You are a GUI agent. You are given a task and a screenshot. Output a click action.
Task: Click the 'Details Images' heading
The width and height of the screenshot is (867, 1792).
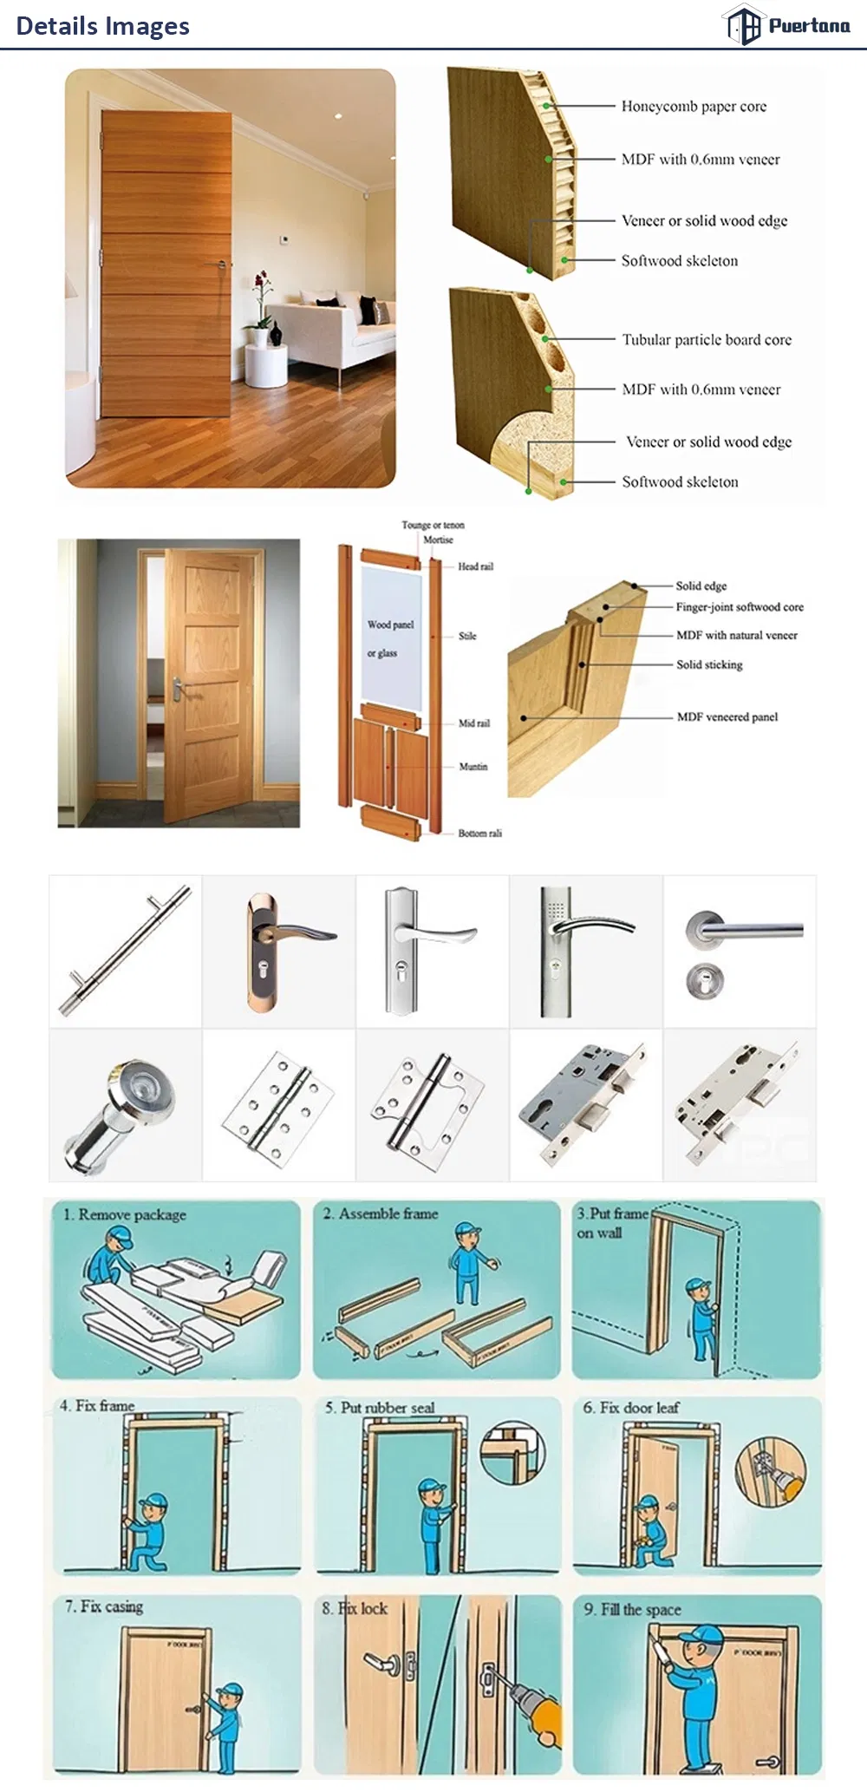pos(102,26)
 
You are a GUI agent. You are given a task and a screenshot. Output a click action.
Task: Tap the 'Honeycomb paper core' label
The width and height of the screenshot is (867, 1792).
pos(694,107)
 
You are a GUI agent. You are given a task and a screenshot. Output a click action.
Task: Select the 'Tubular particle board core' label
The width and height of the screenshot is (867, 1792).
pos(706,340)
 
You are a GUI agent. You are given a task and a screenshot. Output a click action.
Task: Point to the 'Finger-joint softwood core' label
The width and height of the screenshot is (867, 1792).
pos(739,607)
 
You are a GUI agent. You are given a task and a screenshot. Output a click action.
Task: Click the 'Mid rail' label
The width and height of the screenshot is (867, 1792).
pos(473,723)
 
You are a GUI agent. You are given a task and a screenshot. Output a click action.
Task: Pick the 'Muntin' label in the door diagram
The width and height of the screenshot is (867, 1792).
pos(473,767)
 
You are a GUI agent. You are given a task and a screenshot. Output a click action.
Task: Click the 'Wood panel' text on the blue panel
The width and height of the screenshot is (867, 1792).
pos(390,625)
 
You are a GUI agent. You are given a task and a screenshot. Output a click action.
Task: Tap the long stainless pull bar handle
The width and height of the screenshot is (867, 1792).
pos(125,950)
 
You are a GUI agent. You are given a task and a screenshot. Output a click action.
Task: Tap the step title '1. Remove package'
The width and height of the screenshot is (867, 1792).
pos(124,1214)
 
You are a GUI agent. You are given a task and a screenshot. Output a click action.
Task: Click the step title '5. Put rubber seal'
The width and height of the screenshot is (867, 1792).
pos(379,1408)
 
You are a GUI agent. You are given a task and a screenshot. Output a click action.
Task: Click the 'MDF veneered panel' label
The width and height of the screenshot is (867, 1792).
pos(727,717)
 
